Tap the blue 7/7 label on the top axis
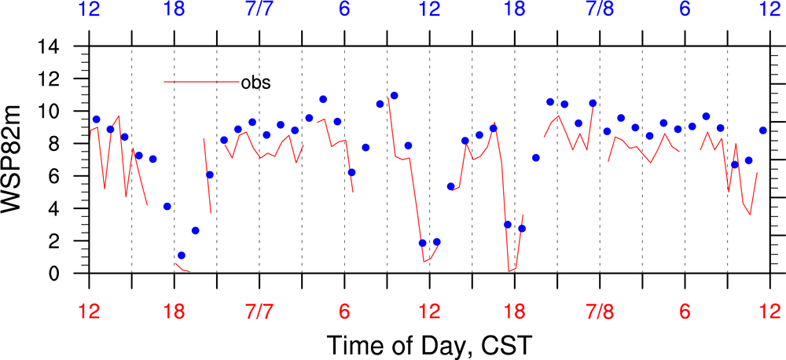pyautogui.click(x=259, y=10)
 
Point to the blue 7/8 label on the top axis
pyautogui.click(x=600, y=10)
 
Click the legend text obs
pyautogui.click(x=255, y=82)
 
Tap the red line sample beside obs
pyautogui.click(x=200, y=81)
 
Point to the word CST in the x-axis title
pyautogui.click(x=507, y=344)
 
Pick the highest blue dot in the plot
pyautogui.click(x=394, y=96)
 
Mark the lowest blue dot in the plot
pyautogui.click(x=182, y=255)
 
